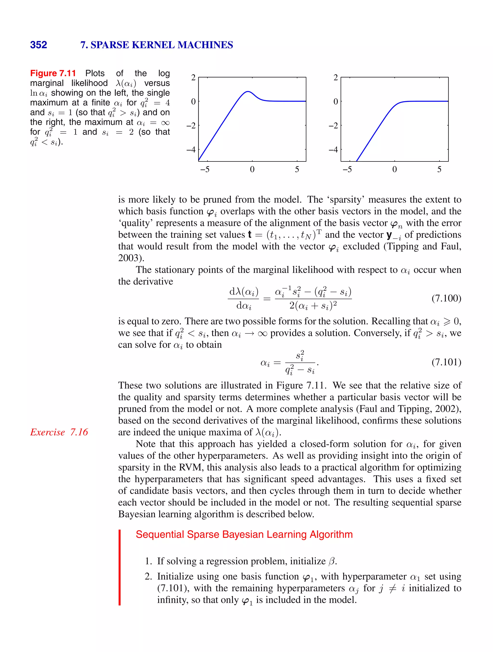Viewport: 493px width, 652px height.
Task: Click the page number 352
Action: [x=39, y=45]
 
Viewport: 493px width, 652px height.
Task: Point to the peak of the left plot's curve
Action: [x=248, y=91]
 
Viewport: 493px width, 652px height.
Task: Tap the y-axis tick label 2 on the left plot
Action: [x=193, y=78]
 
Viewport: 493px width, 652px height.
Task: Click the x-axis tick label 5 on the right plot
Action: [x=439, y=169]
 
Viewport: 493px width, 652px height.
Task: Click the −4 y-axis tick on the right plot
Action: [x=334, y=149]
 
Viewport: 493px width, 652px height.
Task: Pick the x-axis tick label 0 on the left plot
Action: [x=252, y=169]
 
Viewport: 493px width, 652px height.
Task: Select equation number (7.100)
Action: [x=446, y=298]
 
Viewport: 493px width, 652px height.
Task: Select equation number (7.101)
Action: [x=446, y=362]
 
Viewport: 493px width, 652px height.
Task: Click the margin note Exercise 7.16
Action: [x=59, y=432]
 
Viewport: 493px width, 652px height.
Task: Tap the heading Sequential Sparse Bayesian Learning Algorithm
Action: [x=244, y=534]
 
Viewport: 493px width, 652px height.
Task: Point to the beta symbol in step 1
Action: [x=332, y=561]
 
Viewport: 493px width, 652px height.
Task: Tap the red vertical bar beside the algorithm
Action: [x=120, y=567]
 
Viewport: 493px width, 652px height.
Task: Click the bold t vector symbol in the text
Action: [x=250, y=235]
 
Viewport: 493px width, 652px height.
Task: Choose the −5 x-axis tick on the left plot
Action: [x=205, y=169]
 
